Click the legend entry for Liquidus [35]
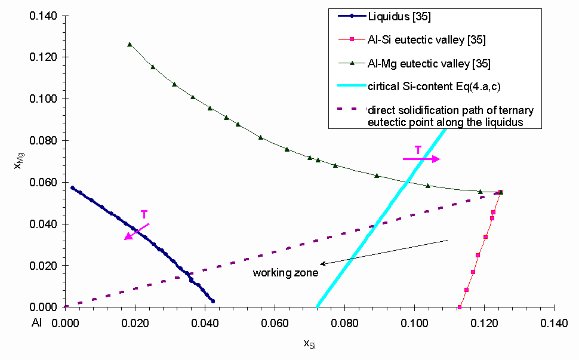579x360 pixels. [x=404, y=17]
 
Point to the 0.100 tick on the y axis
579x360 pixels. [x=45, y=99]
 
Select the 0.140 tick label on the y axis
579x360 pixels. [x=45, y=16]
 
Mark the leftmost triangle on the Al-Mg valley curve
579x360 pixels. [x=130, y=44]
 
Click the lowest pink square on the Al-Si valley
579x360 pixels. [x=460, y=307]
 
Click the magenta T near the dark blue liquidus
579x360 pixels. [x=144, y=214]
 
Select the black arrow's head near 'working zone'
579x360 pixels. [x=321, y=264]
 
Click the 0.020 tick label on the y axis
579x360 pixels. [x=45, y=265]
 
